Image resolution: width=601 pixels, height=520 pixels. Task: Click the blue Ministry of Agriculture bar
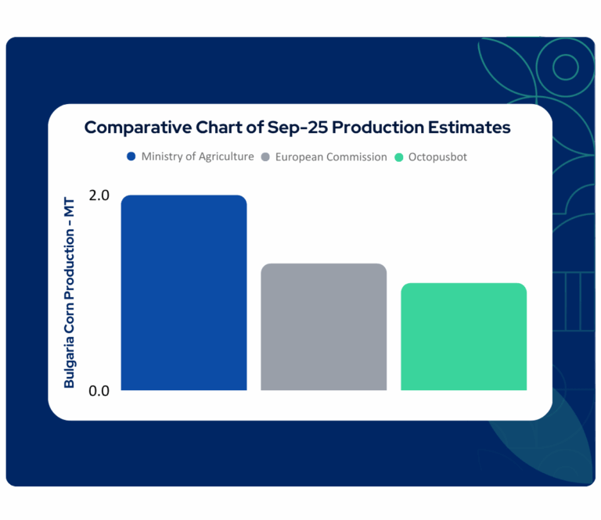pos(184,293)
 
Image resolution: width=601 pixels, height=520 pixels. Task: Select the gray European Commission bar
pos(324,327)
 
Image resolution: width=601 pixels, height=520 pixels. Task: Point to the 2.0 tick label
pos(99,195)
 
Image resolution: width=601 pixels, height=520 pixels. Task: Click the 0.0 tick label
pos(99,390)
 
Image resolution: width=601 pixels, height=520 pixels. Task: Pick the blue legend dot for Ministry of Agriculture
pos(131,156)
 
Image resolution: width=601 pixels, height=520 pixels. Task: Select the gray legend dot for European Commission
pos(265,157)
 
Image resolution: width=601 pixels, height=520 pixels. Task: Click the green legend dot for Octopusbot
pos(399,157)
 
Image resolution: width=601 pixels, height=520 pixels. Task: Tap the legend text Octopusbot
pos(438,157)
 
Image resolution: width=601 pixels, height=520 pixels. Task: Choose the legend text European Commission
pos(330,157)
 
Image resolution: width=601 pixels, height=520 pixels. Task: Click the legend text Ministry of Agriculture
pos(197,156)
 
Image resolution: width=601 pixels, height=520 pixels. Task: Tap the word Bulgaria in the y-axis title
pos(70,361)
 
